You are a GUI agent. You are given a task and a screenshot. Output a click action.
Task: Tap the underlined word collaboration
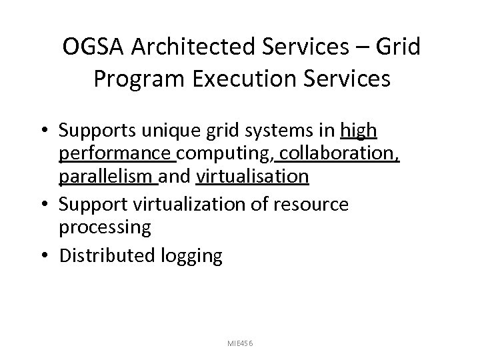(340, 155)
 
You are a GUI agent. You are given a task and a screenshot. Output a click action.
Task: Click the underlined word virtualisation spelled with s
(253, 177)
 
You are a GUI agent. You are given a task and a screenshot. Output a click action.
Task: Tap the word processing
(105, 227)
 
